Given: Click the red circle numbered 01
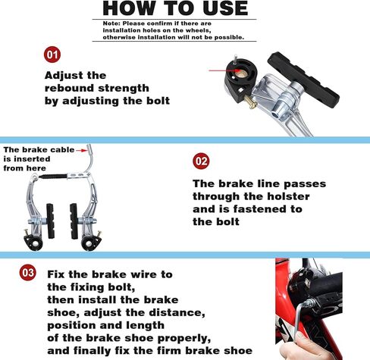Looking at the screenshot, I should click(52, 55).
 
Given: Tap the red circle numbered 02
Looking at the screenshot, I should click(202, 161).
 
